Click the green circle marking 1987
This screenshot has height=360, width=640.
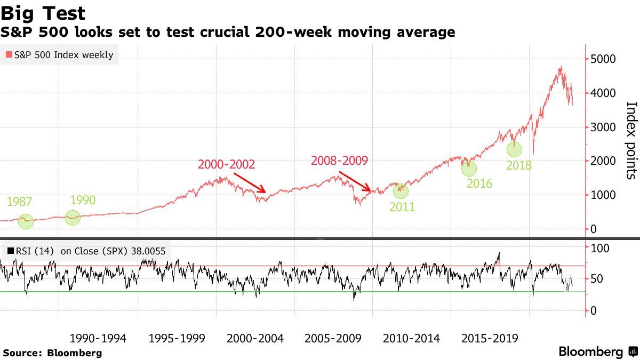(26, 221)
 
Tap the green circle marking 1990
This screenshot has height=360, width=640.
(73, 218)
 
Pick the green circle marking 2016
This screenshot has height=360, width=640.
(469, 169)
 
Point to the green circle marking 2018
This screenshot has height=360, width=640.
(514, 150)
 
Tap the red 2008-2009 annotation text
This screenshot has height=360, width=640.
(340, 160)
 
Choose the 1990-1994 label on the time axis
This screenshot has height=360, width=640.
(98, 338)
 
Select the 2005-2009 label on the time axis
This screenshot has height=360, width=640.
(333, 338)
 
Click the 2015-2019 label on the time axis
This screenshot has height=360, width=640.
(490, 338)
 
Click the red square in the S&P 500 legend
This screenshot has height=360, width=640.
(8, 54)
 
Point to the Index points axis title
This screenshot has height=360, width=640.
(631, 140)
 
